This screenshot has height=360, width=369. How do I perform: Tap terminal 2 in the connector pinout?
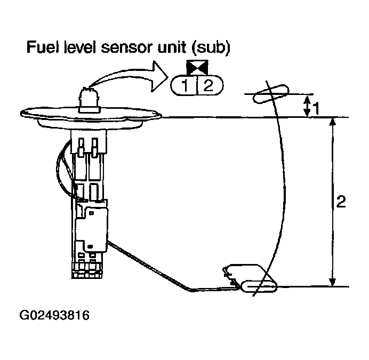(208, 86)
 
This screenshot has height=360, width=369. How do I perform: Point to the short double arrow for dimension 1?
(308, 106)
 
